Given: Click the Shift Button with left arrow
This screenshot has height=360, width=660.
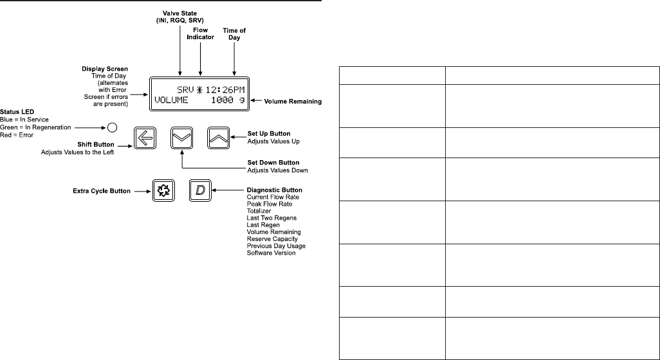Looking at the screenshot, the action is (145, 137).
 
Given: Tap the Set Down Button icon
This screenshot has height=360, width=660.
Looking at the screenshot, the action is (183, 137).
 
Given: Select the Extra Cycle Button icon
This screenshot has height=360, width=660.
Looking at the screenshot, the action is (163, 190).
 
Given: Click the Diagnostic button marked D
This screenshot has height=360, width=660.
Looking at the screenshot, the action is (201, 190).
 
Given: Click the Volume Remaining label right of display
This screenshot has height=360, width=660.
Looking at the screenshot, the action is (293, 102).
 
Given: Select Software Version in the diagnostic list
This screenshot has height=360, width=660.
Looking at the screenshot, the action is (271, 253).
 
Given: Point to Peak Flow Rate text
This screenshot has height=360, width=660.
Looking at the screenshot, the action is (270, 204).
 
